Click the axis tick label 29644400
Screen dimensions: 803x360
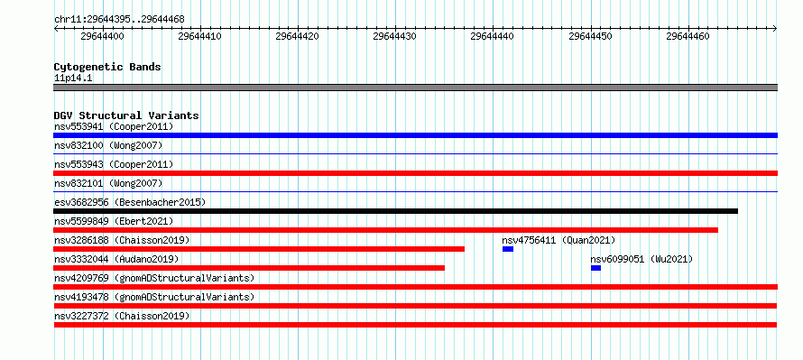click(x=103, y=36)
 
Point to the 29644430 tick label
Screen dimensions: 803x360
click(x=395, y=36)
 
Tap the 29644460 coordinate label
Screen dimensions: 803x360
click(x=688, y=36)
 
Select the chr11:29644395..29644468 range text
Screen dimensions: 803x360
click(x=119, y=20)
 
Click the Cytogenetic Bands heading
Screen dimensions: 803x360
click(x=107, y=67)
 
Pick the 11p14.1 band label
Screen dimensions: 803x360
click(x=73, y=78)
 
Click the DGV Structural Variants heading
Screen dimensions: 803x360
click(x=126, y=115)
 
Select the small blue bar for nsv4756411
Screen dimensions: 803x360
click(x=507, y=249)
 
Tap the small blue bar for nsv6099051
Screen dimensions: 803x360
click(x=595, y=268)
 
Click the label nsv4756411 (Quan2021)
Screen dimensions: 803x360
click(x=558, y=240)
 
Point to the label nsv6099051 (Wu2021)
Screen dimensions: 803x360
click(x=641, y=259)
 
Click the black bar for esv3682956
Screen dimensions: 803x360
click(x=395, y=211)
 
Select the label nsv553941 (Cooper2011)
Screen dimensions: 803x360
click(x=114, y=126)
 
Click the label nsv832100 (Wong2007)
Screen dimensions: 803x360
click(x=108, y=145)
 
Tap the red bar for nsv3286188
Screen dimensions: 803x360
click(x=259, y=249)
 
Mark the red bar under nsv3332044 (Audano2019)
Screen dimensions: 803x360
click(x=249, y=268)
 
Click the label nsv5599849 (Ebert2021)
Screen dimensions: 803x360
click(x=114, y=221)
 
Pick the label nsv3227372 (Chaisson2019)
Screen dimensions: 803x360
click(x=122, y=316)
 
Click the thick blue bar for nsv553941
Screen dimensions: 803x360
click(x=415, y=135)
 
